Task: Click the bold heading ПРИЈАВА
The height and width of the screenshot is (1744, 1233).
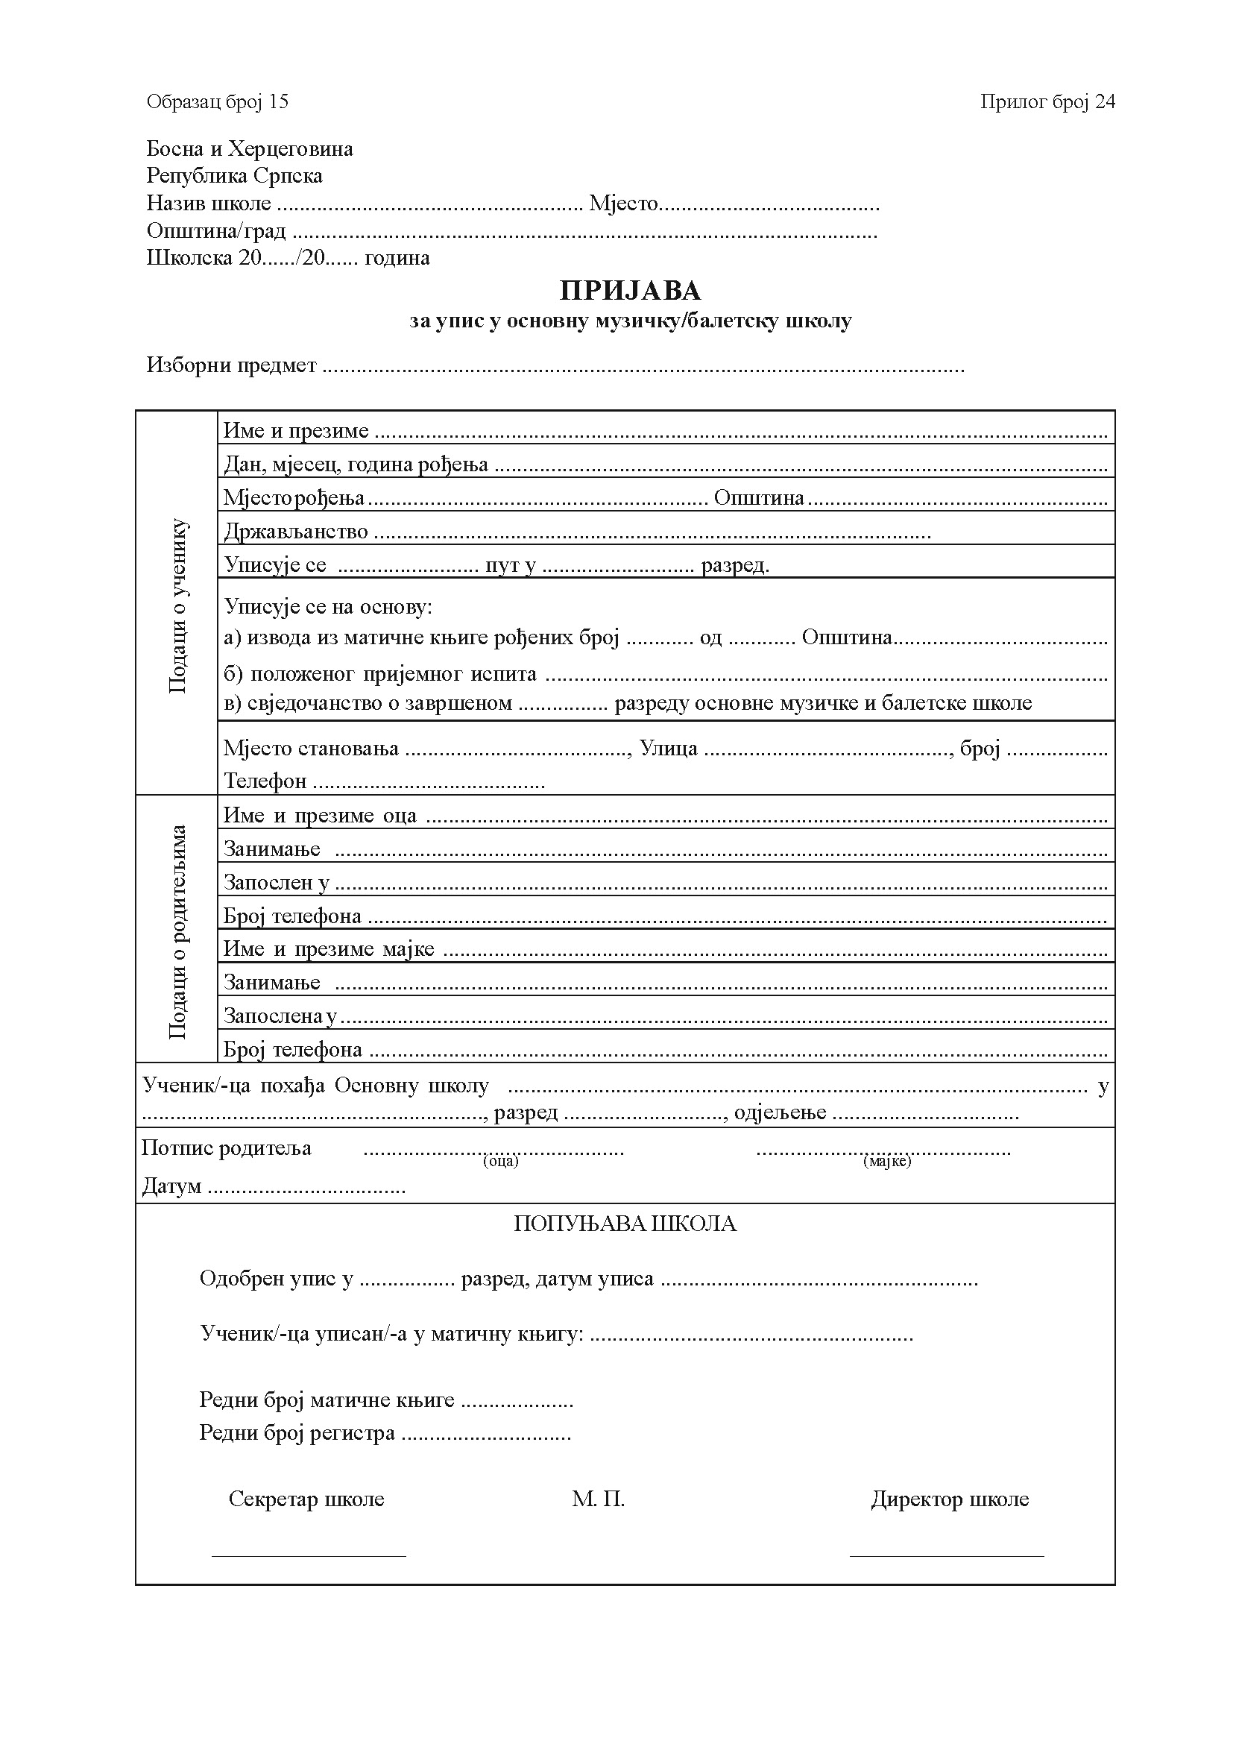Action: point(630,291)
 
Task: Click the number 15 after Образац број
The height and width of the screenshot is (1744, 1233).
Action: point(279,102)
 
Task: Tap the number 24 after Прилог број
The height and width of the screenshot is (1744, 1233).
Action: point(1105,102)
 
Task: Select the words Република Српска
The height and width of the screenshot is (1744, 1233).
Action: point(235,176)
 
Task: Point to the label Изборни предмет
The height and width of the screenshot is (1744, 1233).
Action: point(232,365)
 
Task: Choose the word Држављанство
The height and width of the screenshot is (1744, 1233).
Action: point(296,532)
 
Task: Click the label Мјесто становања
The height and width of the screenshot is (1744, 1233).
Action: point(311,749)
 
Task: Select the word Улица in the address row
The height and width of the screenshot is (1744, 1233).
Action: point(668,749)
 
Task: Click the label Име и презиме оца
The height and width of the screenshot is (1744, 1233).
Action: point(320,816)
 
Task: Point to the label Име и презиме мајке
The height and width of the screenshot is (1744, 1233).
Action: point(329,949)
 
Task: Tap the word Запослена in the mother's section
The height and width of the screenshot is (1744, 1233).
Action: point(274,1016)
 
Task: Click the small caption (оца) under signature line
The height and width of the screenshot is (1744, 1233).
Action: point(500,1161)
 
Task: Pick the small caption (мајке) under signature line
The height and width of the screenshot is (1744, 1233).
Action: point(887,1161)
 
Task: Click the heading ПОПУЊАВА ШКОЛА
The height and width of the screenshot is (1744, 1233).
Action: point(625,1224)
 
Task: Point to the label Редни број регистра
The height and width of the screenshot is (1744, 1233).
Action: point(297,1432)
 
